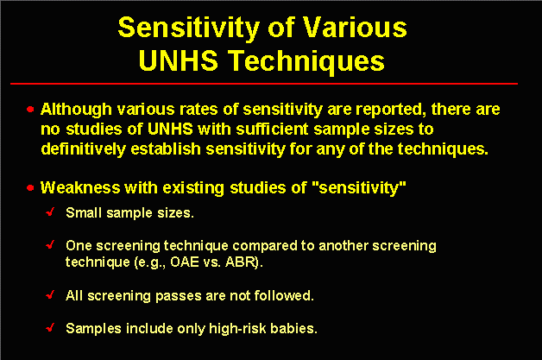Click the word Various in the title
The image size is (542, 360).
coord(355,28)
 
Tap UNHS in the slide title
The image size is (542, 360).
coord(178,60)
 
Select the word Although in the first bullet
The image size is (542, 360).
coord(76,110)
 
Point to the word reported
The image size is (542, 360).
coord(391,110)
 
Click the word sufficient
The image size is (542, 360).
coord(273,129)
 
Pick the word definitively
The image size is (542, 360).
coord(84,149)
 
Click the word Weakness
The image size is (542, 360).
coord(80,188)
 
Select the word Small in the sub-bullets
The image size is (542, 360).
coord(84,212)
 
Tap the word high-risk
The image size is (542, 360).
coord(237,329)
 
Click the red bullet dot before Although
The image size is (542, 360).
coord(30,110)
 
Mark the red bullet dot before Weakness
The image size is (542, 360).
coord(30,188)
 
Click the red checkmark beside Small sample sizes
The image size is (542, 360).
coord(50,212)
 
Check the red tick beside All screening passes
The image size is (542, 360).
coord(50,294)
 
